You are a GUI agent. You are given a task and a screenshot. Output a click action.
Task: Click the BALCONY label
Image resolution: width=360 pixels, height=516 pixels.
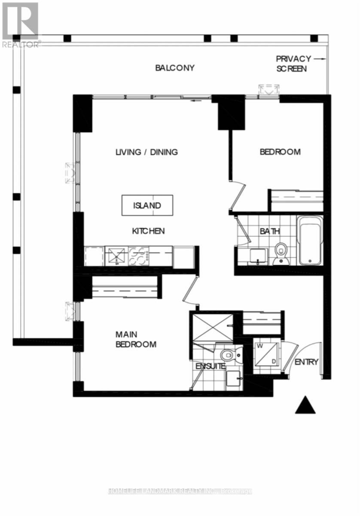(175, 68)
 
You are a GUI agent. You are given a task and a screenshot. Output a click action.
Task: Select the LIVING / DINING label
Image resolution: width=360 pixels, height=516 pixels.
(146, 152)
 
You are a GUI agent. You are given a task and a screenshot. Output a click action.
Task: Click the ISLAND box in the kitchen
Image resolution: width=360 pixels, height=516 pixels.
(147, 205)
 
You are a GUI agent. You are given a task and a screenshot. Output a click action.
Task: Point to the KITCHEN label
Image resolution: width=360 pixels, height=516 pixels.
(148, 231)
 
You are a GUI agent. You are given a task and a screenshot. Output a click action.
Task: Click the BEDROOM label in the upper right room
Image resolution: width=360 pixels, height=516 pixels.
(280, 152)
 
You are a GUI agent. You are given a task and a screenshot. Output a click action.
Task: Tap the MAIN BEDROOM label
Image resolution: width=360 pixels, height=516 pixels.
(135, 339)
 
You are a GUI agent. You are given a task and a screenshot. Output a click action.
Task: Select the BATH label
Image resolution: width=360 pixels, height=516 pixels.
(270, 231)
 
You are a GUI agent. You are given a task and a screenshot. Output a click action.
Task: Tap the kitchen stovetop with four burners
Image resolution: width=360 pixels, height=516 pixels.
(138, 256)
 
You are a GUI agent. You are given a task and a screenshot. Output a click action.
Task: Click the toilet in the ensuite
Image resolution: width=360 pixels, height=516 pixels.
(228, 355)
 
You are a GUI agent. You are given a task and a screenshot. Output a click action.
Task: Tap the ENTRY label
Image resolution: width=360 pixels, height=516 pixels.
(306, 362)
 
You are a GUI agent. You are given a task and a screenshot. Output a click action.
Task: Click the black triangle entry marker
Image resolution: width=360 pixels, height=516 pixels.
(305, 405)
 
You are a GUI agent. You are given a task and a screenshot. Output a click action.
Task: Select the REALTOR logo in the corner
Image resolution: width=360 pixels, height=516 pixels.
(20, 24)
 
